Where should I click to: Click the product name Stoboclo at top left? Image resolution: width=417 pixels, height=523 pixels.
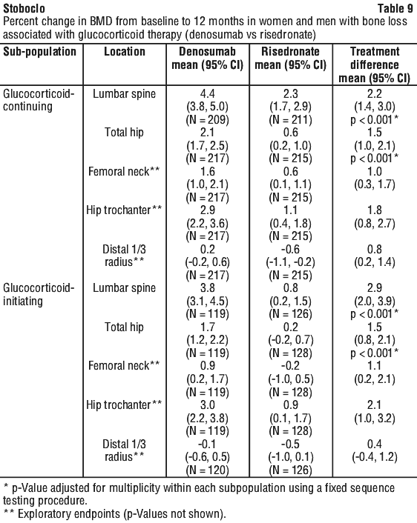[x=24, y=8]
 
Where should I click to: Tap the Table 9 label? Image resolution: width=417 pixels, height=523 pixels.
[x=395, y=8]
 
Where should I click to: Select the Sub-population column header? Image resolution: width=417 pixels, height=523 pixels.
[x=40, y=52]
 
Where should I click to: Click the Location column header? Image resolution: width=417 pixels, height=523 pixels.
[x=125, y=51]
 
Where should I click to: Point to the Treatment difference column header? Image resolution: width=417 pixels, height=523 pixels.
[x=374, y=64]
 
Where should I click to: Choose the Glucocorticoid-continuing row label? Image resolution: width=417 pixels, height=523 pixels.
[x=39, y=100]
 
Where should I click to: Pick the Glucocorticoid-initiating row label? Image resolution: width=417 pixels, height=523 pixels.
[x=39, y=295]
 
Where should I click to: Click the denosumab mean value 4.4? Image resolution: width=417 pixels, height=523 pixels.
[x=207, y=94]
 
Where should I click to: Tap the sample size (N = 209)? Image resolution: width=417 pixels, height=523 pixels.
[x=207, y=120]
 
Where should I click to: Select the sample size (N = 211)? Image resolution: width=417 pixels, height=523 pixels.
[x=290, y=120]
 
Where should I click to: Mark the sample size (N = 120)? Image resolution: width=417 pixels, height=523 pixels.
[x=207, y=470]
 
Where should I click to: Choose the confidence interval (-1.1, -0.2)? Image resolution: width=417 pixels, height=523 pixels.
[x=290, y=262]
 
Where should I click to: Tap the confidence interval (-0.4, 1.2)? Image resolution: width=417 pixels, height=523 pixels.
[x=374, y=457]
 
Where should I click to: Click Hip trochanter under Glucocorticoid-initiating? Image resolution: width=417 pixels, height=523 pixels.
[x=124, y=405]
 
